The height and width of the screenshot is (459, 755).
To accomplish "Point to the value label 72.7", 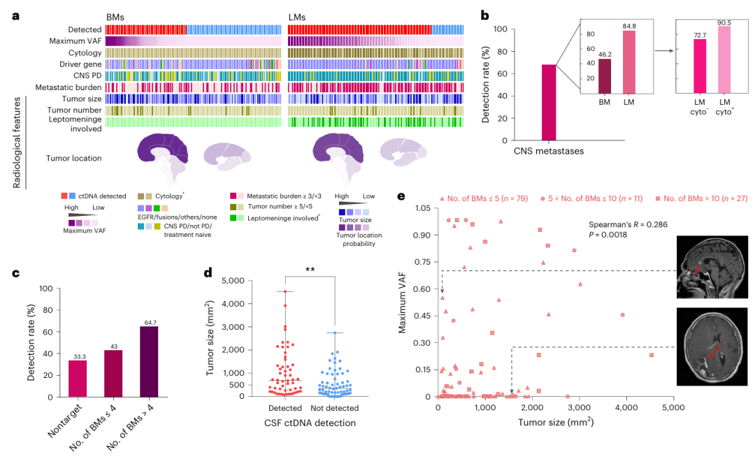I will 700,34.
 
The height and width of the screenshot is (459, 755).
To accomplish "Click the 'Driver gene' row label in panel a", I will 79,64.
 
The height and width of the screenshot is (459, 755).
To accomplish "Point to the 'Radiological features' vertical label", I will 17,143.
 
